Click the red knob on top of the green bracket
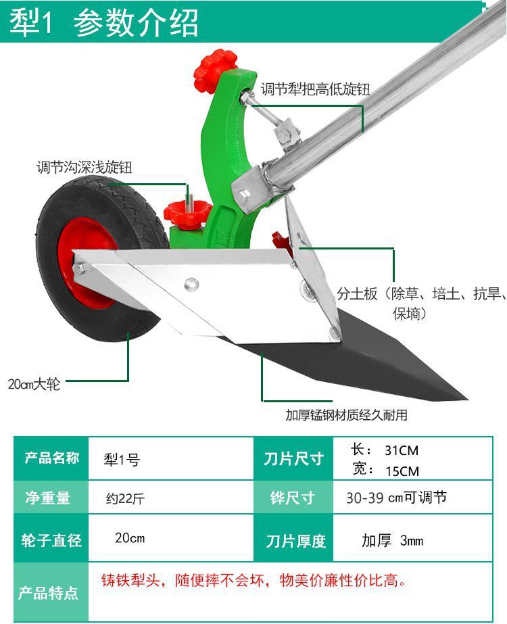click(215, 71)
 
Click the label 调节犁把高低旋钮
click(316, 89)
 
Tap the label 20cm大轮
click(34, 385)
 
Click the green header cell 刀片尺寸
click(294, 460)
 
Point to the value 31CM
click(402, 450)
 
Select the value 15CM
click(402, 471)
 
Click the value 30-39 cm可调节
click(396, 499)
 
